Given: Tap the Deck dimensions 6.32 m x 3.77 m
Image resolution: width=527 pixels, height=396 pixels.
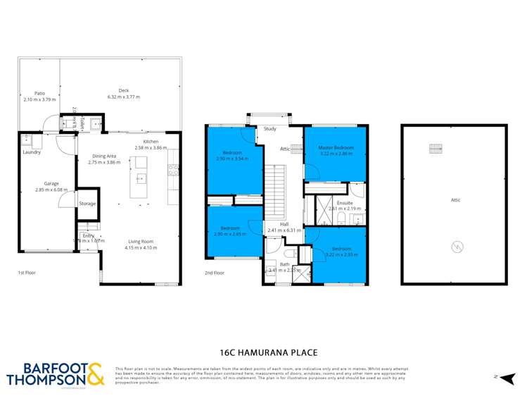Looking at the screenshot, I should (x=123, y=97).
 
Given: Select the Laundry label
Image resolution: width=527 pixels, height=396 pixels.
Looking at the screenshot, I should (x=31, y=152).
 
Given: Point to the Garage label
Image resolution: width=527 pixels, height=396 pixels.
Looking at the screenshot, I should (x=51, y=183).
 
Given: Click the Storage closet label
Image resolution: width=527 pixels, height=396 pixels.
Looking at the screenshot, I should (x=87, y=204).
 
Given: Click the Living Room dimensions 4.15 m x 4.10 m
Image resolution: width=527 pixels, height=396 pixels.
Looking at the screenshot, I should (x=140, y=248).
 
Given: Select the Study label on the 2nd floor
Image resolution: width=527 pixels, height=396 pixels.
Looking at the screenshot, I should (x=270, y=129).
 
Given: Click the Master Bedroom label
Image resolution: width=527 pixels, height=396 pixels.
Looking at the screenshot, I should (x=336, y=147).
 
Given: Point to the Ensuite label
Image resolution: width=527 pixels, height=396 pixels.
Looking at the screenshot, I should (x=345, y=203).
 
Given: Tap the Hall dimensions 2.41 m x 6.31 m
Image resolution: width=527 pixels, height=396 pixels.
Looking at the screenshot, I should (x=284, y=230).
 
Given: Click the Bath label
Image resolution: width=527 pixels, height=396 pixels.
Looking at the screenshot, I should (x=284, y=264).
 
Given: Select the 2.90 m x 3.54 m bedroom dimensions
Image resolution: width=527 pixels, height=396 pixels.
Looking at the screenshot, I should (x=232, y=159).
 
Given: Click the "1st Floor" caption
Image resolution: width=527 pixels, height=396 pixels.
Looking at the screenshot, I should (x=27, y=272).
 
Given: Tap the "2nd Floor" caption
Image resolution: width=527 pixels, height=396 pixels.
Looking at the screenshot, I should (x=214, y=272).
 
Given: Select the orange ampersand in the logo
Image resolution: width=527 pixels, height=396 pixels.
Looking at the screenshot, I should (x=95, y=373).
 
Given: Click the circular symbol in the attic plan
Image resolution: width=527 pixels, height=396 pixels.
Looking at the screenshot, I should (x=455, y=247).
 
